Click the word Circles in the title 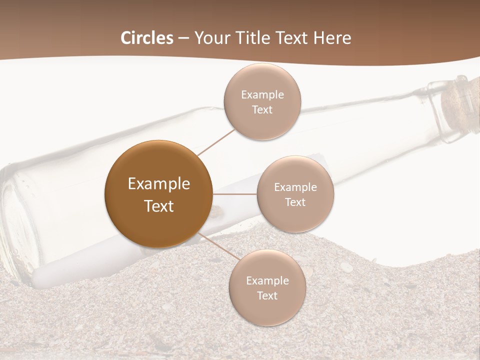[146, 38]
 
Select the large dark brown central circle [158, 194]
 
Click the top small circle [262, 102]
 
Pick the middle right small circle [295, 194]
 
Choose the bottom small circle [267, 287]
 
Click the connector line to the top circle [216, 141]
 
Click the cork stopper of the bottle [460, 102]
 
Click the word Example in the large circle [158, 183]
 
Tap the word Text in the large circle [158, 206]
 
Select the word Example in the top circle [262, 94]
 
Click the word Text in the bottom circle [267, 295]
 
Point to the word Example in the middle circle [295, 187]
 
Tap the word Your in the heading [210, 38]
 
